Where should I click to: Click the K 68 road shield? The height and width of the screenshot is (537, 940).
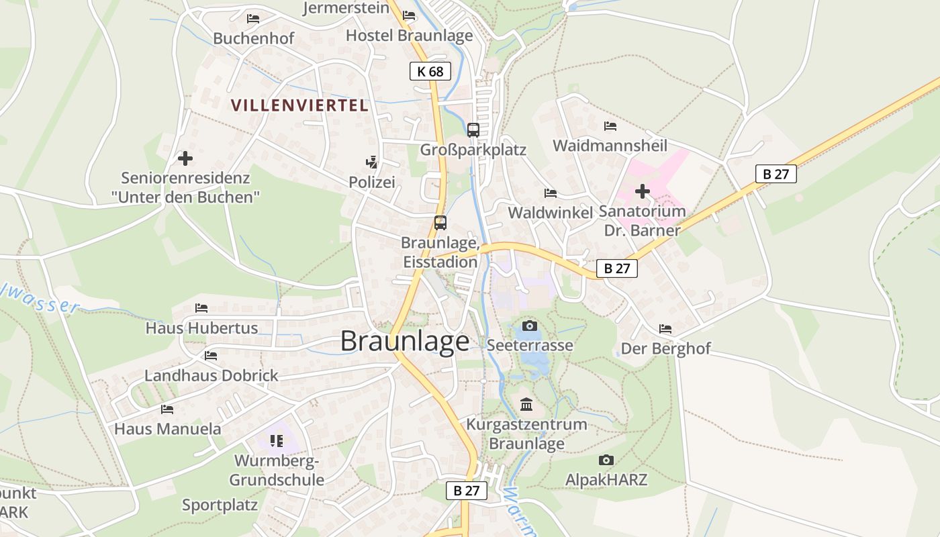coord(430,71)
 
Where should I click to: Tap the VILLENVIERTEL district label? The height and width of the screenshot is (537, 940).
coord(299,105)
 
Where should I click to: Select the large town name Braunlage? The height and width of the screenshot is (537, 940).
coord(405,341)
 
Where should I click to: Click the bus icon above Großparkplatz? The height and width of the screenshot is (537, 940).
coord(473,130)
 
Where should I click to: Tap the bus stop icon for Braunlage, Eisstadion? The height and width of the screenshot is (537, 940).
coord(440,223)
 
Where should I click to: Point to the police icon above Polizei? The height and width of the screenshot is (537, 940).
coord(371,162)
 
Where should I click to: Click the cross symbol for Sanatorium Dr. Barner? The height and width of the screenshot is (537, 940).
coord(643,191)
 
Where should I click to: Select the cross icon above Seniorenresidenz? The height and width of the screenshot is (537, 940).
coord(185,158)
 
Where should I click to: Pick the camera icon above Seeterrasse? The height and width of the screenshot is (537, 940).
coord(530,326)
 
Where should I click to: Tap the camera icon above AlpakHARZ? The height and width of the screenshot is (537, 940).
coord(606,460)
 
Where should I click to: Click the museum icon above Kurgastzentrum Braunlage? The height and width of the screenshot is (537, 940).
coord(526,405)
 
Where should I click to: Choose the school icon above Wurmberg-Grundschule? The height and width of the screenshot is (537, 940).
coord(277,441)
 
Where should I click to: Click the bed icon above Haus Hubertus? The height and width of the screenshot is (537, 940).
coord(201,308)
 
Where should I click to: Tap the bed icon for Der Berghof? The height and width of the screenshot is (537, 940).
coord(665,329)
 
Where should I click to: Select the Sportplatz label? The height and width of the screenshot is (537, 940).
coord(220,505)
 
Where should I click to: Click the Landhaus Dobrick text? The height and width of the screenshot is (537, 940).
coord(211,375)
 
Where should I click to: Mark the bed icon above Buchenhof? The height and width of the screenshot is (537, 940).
coord(253,19)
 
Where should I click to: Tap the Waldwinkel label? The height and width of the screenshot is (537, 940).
coord(551,213)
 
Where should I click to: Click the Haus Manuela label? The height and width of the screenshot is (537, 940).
coord(167,428)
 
